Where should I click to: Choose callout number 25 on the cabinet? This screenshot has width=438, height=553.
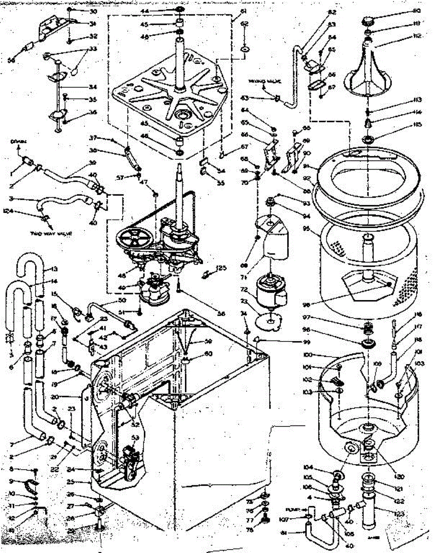tap(83, 482)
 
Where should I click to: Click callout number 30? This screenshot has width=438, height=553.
tap(93, 11)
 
